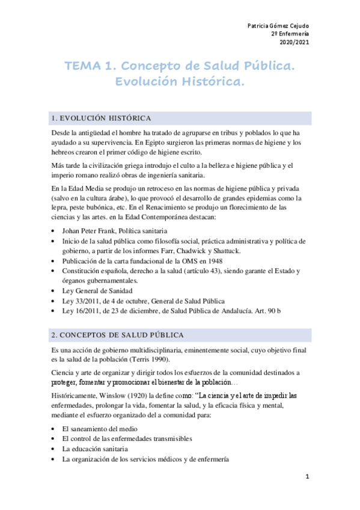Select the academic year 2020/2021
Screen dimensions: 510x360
point(294,42)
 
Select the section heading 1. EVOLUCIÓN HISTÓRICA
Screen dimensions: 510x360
point(102,118)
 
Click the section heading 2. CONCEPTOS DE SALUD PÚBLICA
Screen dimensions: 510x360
point(118,334)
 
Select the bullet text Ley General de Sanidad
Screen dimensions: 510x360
point(98,291)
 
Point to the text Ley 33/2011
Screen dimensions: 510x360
point(82,301)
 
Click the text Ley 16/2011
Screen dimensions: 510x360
point(82,310)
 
